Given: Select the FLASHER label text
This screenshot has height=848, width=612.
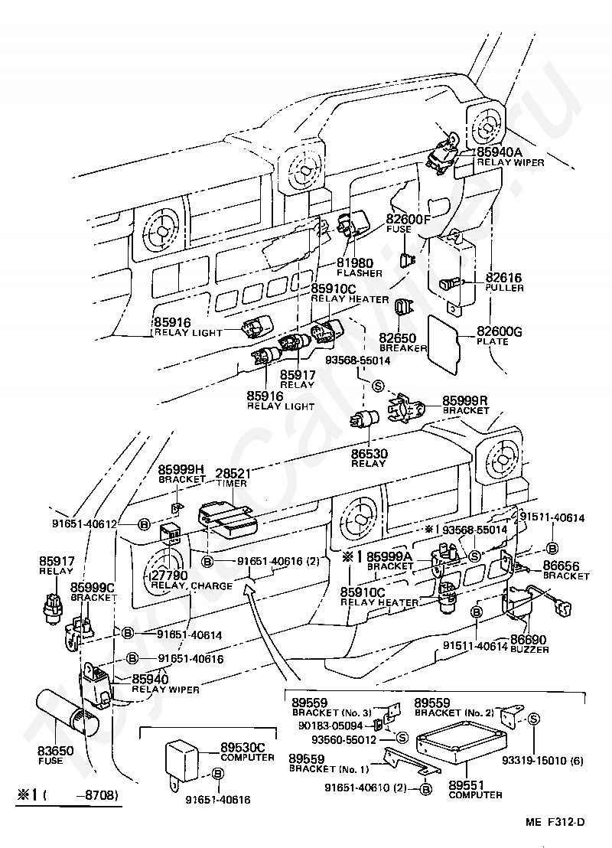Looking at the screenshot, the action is click(x=360, y=273).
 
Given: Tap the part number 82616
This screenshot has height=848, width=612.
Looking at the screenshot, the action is click(x=504, y=278).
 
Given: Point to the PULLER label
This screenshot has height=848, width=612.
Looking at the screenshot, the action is click(x=504, y=288).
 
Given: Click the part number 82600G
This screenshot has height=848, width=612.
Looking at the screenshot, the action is click(x=500, y=331).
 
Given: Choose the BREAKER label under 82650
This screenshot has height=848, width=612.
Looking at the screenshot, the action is click(x=403, y=347).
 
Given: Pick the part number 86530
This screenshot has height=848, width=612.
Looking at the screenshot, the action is click(x=369, y=454).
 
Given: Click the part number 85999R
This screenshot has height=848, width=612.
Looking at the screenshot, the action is click(x=465, y=401).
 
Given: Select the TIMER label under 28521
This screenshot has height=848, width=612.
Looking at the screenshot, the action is click(x=231, y=483).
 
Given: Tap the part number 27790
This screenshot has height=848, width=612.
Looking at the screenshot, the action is click(x=169, y=575).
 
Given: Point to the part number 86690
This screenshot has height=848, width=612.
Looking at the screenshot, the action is click(x=528, y=641).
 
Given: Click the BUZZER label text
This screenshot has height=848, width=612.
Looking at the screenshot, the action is click(x=530, y=650).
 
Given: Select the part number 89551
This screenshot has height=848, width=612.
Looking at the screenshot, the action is click(x=467, y=784).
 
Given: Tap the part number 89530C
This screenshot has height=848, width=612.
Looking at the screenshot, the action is click(x=243, y=748).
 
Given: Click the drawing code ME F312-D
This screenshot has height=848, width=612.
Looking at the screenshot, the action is click(x=555, y=823).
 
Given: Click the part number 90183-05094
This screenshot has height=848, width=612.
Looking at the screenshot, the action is click(x=330, y=726).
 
